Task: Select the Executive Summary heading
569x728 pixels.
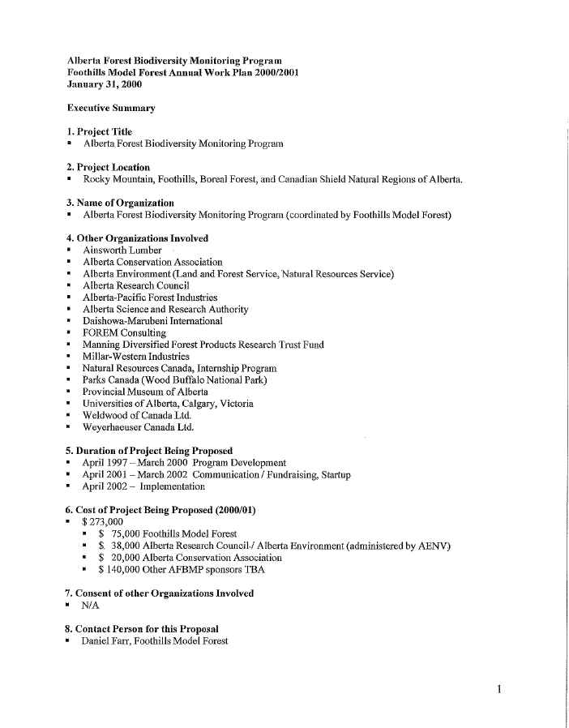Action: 111,108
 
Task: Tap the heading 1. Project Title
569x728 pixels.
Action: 99,131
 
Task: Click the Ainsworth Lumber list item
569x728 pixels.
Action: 122,251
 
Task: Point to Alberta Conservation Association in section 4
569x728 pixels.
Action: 152,262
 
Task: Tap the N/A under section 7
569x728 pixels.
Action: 90,606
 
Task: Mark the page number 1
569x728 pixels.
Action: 500,690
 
